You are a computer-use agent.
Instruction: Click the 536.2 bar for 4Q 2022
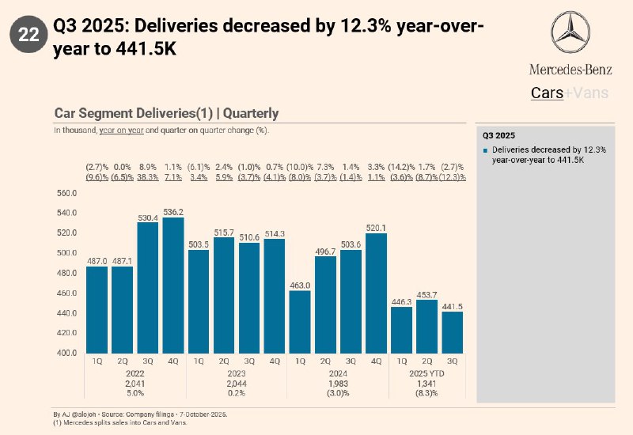[173, 286]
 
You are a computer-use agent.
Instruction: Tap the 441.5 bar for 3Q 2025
[452, 332]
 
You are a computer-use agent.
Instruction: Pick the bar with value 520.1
[376, 293]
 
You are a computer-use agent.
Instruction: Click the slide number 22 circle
[28, 34]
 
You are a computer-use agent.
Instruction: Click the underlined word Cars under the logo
[546, 93]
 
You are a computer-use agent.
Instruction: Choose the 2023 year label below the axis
[237, 373]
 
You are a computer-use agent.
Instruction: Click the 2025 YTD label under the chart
[426, 373]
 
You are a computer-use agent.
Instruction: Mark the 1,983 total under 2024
[338, 384]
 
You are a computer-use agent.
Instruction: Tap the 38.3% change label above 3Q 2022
[148, 178]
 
